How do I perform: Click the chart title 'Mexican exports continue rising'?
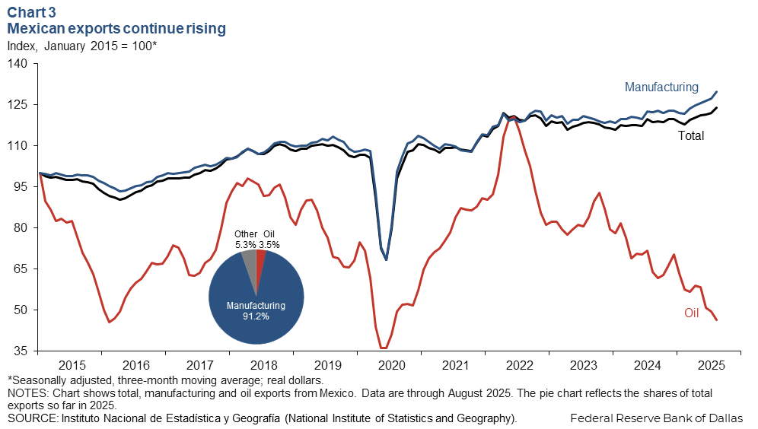click(116, 29)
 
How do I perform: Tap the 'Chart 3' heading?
click(33, 11)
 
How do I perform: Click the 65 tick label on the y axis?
click(19, 269)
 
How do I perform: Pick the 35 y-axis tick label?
click(19, 351)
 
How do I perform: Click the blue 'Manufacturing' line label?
click(661, 87)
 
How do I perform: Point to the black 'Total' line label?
click(690, 136)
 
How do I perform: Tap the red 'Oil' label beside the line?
click(691, 313)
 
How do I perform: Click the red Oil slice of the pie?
click(260, 259)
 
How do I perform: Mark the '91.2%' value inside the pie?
click(256, 316)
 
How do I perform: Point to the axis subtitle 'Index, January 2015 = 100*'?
click(81, 46)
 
